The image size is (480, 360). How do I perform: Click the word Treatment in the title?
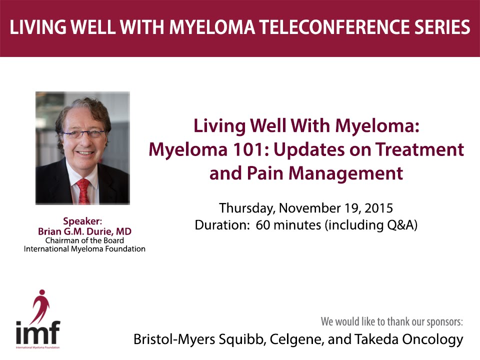coord(419,149)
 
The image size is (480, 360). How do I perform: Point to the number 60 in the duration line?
coord(262,225)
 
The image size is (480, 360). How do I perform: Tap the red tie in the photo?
coord(83,191)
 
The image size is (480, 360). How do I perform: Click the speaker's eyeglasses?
coord(83,133)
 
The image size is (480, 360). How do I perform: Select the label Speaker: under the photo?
coord(82,221)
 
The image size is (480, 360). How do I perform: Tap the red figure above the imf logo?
coord(40,306)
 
